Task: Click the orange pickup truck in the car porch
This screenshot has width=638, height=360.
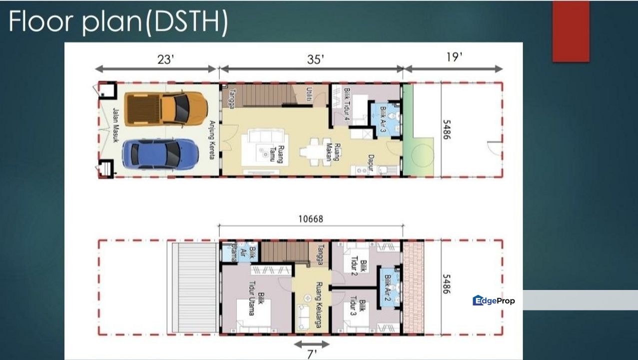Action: tap(166, 108)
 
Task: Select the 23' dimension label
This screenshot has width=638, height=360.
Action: tap(165, 59)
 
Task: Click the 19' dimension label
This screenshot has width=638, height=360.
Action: tap(454, 57)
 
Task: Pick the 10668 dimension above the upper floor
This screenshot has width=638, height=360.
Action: tap(311, 219)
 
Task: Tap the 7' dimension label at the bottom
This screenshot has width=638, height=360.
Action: tap(312, 354)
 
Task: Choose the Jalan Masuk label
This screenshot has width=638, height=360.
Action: tap(115, 125)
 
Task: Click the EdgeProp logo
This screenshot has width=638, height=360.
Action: tap(494, 300)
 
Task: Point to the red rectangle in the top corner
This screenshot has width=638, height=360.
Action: tap(571, 31)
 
